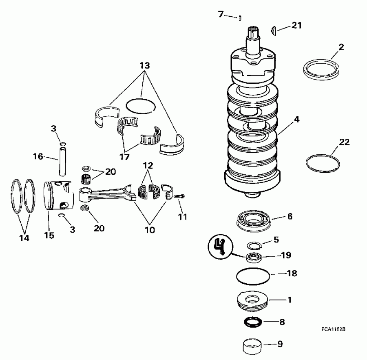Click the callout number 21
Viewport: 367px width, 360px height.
296,26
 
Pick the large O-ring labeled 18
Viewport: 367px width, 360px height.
253,276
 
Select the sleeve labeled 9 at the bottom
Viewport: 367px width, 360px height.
253,347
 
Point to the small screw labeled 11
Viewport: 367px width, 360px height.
179,197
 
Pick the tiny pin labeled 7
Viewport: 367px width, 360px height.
241,18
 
